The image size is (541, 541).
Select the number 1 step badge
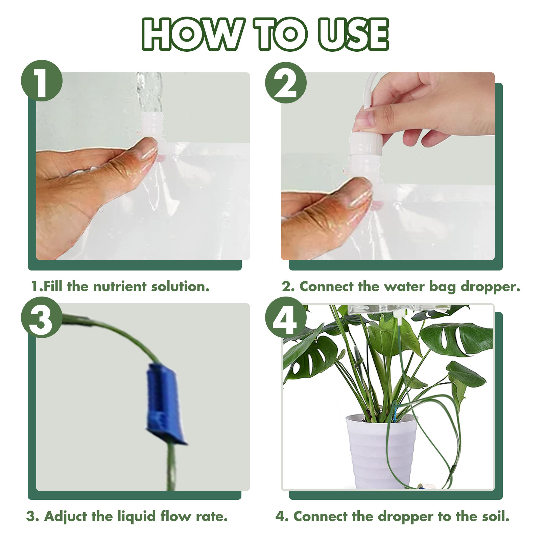[42, 80]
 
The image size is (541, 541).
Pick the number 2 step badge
[286, 83]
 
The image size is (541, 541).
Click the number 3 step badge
[42, 317]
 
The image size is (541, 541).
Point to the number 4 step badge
[286, 317]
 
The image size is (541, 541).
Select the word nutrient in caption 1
[120, 286]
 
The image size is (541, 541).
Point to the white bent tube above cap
[370, 90]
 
